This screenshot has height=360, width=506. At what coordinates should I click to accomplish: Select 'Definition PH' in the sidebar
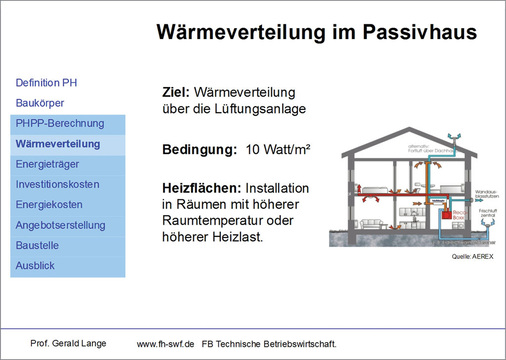point(47,81)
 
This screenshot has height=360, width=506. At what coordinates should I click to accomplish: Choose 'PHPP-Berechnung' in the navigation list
point(60,123)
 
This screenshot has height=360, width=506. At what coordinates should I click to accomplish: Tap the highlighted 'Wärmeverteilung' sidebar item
point(59,144)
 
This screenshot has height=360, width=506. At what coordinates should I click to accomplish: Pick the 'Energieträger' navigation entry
point(48,164)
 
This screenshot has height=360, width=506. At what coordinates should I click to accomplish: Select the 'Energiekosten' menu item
point(49,205)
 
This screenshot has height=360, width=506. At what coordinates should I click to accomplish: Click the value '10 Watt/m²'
point(278,150)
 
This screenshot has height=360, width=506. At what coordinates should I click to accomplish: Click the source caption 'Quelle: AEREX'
point(471,257)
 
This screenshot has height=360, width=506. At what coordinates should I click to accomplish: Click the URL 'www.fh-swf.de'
point(165,343)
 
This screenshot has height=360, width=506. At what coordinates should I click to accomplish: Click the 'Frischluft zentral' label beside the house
point(486,213)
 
